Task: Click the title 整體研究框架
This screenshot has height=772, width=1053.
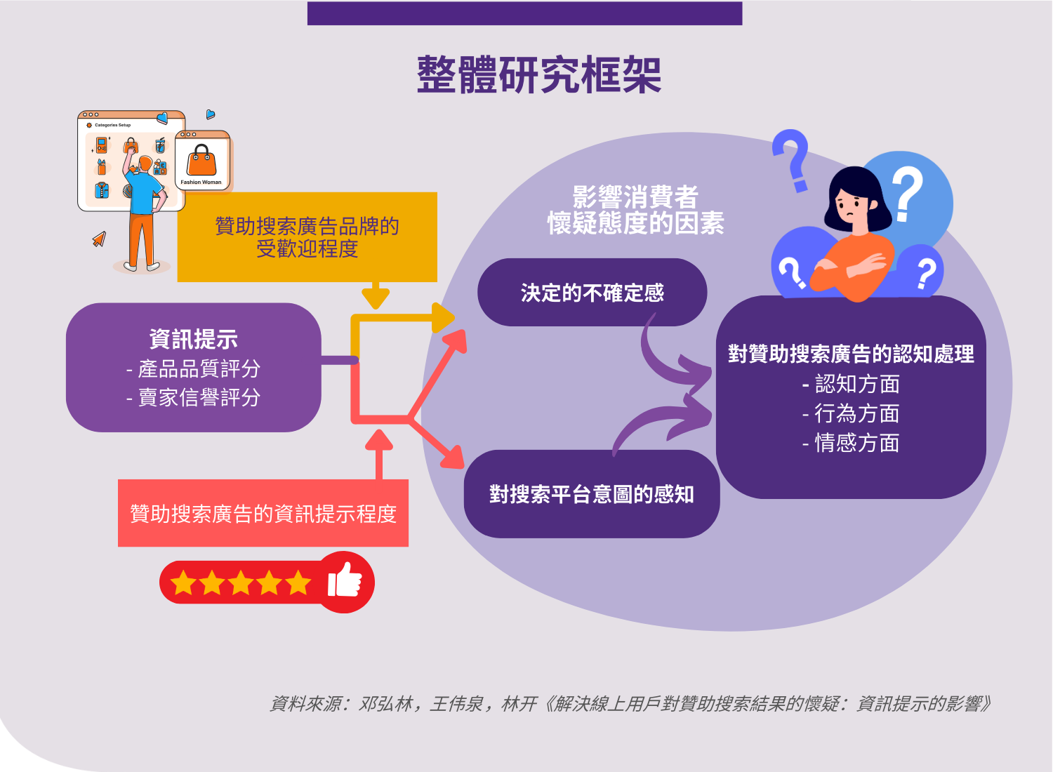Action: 538,75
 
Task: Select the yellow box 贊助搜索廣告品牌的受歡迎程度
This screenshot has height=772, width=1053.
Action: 307,237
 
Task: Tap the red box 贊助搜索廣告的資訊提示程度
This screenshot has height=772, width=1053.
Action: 263,513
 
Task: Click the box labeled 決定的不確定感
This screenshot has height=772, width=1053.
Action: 592,292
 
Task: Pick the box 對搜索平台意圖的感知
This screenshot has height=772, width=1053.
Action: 592,494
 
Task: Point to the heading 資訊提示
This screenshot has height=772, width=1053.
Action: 194,339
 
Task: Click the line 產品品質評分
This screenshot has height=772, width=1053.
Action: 193,369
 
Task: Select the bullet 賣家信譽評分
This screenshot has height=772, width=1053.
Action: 193,397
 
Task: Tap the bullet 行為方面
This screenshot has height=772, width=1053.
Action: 851,413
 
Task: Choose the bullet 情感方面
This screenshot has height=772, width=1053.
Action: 851,443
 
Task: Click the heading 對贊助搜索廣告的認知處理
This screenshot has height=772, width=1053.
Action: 851,354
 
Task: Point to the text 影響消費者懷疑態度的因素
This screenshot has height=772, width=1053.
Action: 635,210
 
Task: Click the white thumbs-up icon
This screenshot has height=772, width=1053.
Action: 345,580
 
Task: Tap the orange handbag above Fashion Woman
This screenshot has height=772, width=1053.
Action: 201,160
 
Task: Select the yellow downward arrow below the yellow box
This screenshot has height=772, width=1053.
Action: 376,295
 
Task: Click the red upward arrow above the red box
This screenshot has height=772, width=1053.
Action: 379,453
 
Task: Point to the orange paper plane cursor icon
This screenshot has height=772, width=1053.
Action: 99,239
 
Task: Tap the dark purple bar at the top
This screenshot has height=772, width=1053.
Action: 524,13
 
